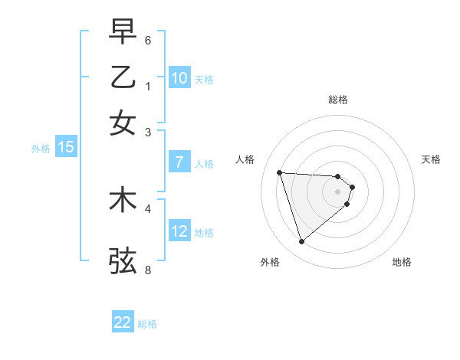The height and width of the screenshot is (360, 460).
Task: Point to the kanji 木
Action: point(123,200)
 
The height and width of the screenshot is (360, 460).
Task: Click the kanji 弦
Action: point(123,260)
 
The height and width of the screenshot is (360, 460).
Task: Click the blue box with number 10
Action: point(179,77)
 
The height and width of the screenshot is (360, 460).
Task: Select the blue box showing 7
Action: point(179,162)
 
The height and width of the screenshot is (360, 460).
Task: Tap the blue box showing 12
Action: point(179,231)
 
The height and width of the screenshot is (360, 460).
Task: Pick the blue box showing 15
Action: point(66,147)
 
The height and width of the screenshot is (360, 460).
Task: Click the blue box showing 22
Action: point(123,322)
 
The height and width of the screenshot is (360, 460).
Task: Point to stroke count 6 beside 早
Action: point(148,40)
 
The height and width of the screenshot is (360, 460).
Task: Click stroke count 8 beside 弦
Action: point(148,270)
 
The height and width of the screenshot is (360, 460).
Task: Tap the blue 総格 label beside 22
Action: point(147,324)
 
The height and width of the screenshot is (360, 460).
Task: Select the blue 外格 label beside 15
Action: point(41,149)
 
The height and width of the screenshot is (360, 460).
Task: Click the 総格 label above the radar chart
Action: point(338,100)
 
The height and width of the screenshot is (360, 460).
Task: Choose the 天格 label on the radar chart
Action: point(432,159)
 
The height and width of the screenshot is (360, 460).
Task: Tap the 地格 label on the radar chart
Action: point(402,263)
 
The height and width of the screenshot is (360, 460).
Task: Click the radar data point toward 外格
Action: point(302,242)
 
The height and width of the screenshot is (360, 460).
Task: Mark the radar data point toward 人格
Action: point(280,172)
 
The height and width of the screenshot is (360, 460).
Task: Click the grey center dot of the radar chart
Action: point(338,191)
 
